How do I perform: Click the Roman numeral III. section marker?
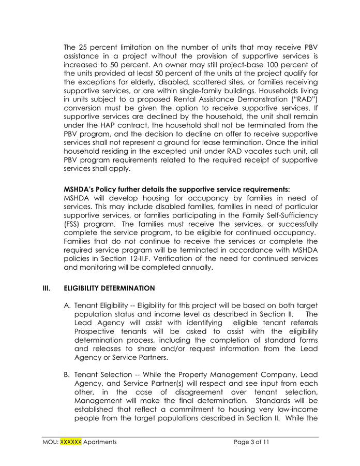(48, 287)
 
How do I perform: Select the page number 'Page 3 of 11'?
(251, 443)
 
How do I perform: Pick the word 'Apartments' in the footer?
(100, 443)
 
